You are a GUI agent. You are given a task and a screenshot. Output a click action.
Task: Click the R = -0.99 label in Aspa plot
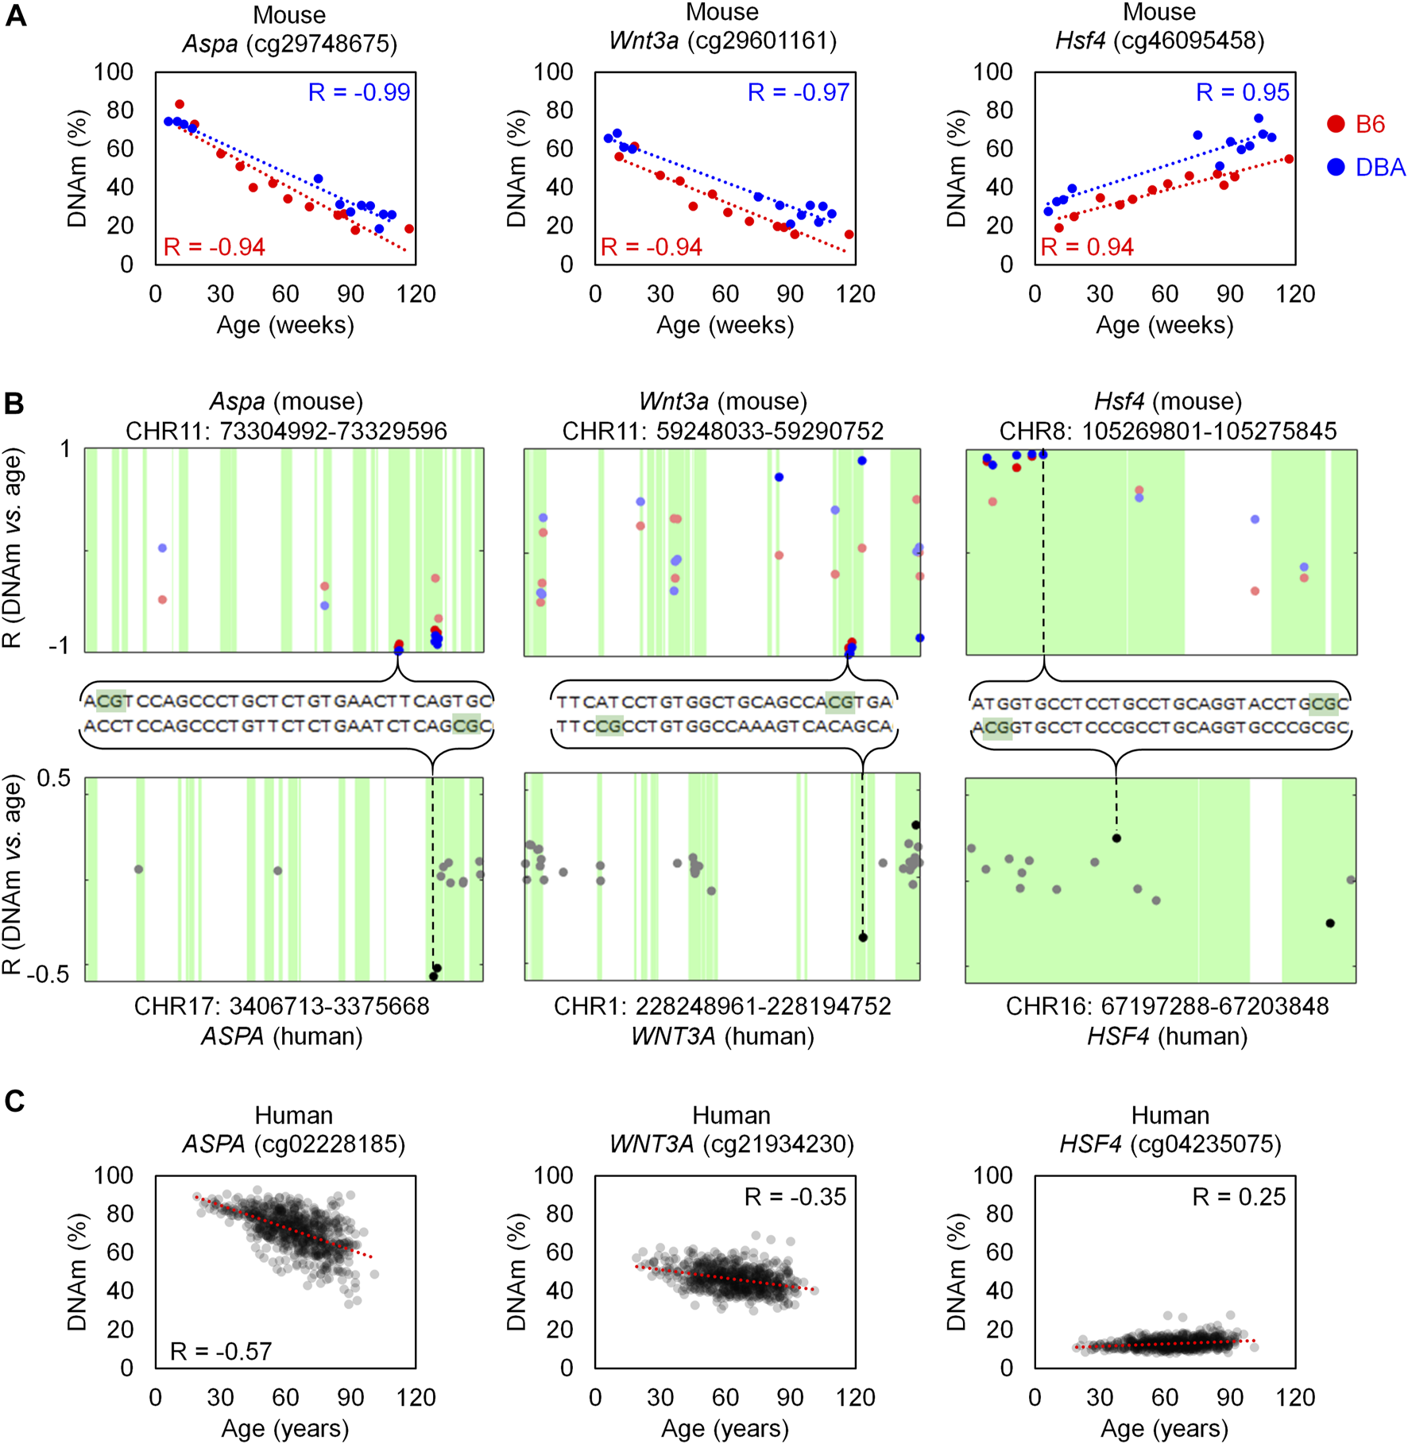359,92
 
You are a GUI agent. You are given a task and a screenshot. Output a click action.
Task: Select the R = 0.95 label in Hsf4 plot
1243,92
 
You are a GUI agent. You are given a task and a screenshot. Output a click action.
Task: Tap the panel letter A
16,16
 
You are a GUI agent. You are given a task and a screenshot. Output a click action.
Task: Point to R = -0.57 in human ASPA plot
221,1351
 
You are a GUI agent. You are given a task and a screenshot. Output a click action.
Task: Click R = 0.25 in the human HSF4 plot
1239,1197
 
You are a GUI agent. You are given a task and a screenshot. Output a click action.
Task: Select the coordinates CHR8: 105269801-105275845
1168,431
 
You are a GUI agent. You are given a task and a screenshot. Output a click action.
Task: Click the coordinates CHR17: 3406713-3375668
281,1006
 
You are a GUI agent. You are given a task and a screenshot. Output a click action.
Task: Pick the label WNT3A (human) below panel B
722,1036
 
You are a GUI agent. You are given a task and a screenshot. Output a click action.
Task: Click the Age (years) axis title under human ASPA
285,1428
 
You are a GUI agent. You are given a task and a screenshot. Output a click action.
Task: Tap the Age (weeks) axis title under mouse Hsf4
1165,324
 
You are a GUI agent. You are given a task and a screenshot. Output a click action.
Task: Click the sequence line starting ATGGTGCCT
1160,703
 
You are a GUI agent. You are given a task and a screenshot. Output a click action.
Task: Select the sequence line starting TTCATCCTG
724,702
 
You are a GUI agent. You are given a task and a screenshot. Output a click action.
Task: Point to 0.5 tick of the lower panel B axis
54,778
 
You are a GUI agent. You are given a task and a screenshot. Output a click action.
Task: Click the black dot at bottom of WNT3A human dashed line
863,938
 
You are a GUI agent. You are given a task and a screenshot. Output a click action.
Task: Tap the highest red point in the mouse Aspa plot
180,105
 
